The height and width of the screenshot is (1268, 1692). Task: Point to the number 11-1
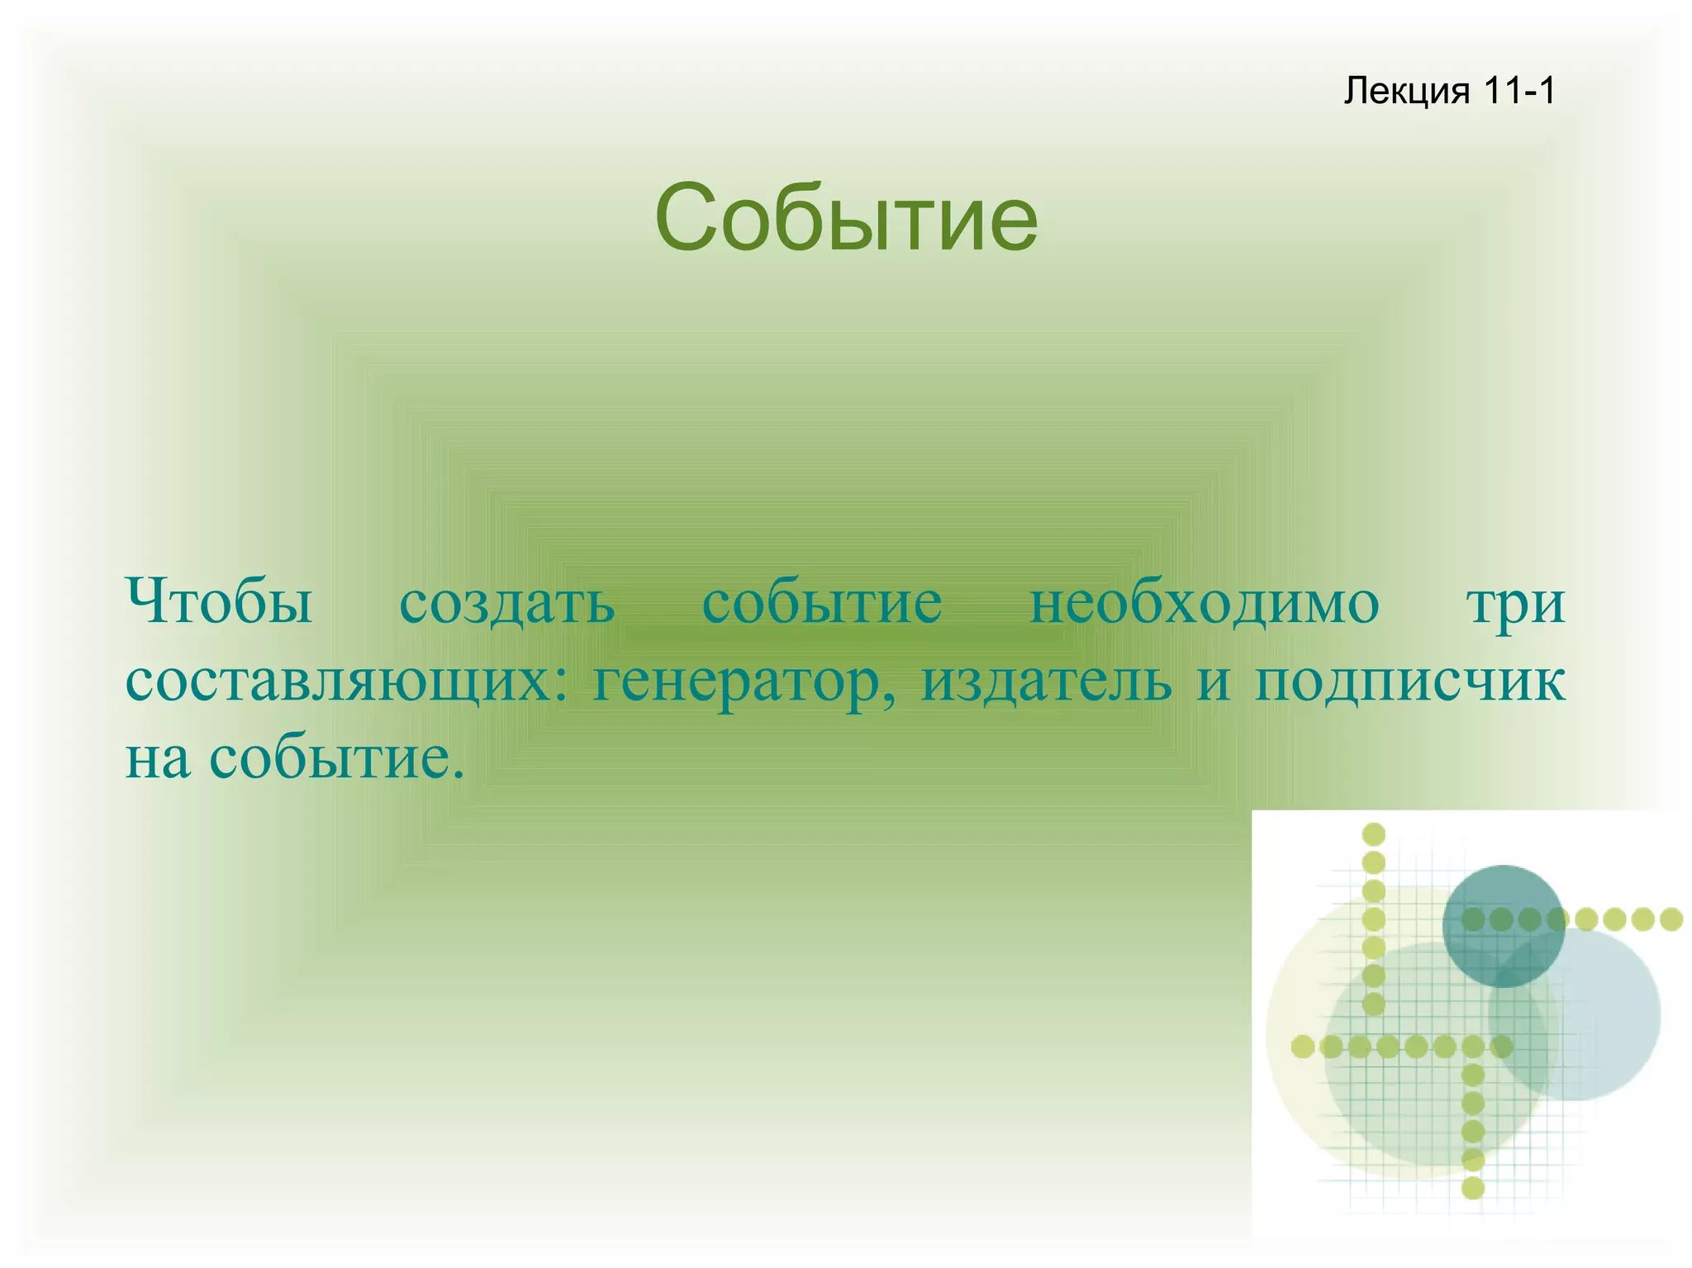tap(1519, 90)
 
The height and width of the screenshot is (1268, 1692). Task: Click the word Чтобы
tap(219, 602)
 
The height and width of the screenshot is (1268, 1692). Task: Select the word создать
tap(506, 602)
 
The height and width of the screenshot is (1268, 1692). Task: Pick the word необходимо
tap(1204, 602)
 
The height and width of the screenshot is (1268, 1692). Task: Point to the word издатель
tap(1047, 682)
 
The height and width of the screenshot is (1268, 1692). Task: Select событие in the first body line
tap(822, 602)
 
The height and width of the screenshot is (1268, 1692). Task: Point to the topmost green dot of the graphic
tap(1373, 834)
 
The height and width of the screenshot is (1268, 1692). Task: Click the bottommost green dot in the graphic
tap(1473, 1188)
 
